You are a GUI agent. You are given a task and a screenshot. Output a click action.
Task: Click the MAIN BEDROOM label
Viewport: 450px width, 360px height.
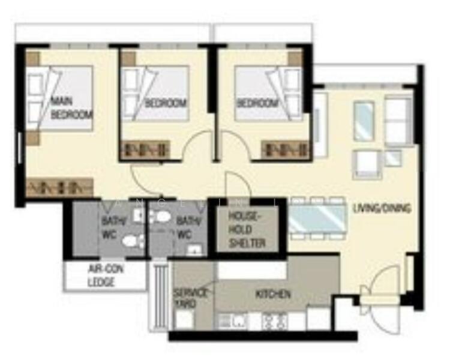pos(71,107)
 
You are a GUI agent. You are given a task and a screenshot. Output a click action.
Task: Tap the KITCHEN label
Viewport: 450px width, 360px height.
pos(273,294)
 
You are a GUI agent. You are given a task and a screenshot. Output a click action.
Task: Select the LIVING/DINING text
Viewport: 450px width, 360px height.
pos(382,209)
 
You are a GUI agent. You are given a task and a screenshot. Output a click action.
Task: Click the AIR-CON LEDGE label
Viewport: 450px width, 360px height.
pos(106,275)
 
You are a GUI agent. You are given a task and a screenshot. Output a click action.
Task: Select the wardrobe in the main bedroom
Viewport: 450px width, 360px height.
pos(60,187)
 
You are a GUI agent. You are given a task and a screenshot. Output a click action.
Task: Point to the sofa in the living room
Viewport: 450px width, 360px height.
pos(398,121)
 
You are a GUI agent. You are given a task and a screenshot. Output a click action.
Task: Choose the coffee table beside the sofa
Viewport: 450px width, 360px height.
pos(364,121)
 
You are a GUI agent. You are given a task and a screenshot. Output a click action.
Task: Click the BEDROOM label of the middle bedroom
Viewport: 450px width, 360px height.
pos(166,103)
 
